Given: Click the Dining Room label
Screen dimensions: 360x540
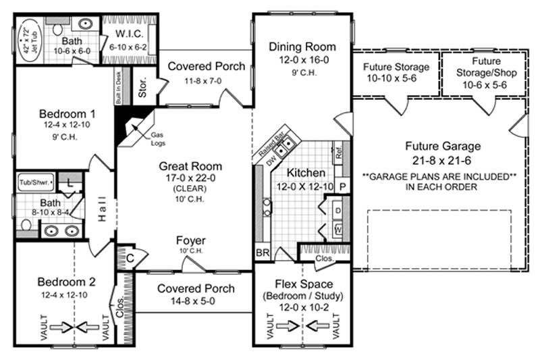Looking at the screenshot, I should tap(302, 47).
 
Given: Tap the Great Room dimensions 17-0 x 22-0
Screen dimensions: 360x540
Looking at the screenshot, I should tap(191, 178).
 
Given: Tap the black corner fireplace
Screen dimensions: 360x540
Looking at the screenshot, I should tap(126, 127).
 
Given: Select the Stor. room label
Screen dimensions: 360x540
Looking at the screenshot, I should tap(142, 91).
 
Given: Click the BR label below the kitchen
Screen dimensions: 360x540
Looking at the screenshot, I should tap(262, 253).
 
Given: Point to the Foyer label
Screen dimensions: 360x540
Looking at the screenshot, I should tap(191, 240).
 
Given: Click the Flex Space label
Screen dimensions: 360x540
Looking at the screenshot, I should tap(302, 284).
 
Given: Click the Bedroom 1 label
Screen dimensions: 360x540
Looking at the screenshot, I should tap(65, 113).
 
